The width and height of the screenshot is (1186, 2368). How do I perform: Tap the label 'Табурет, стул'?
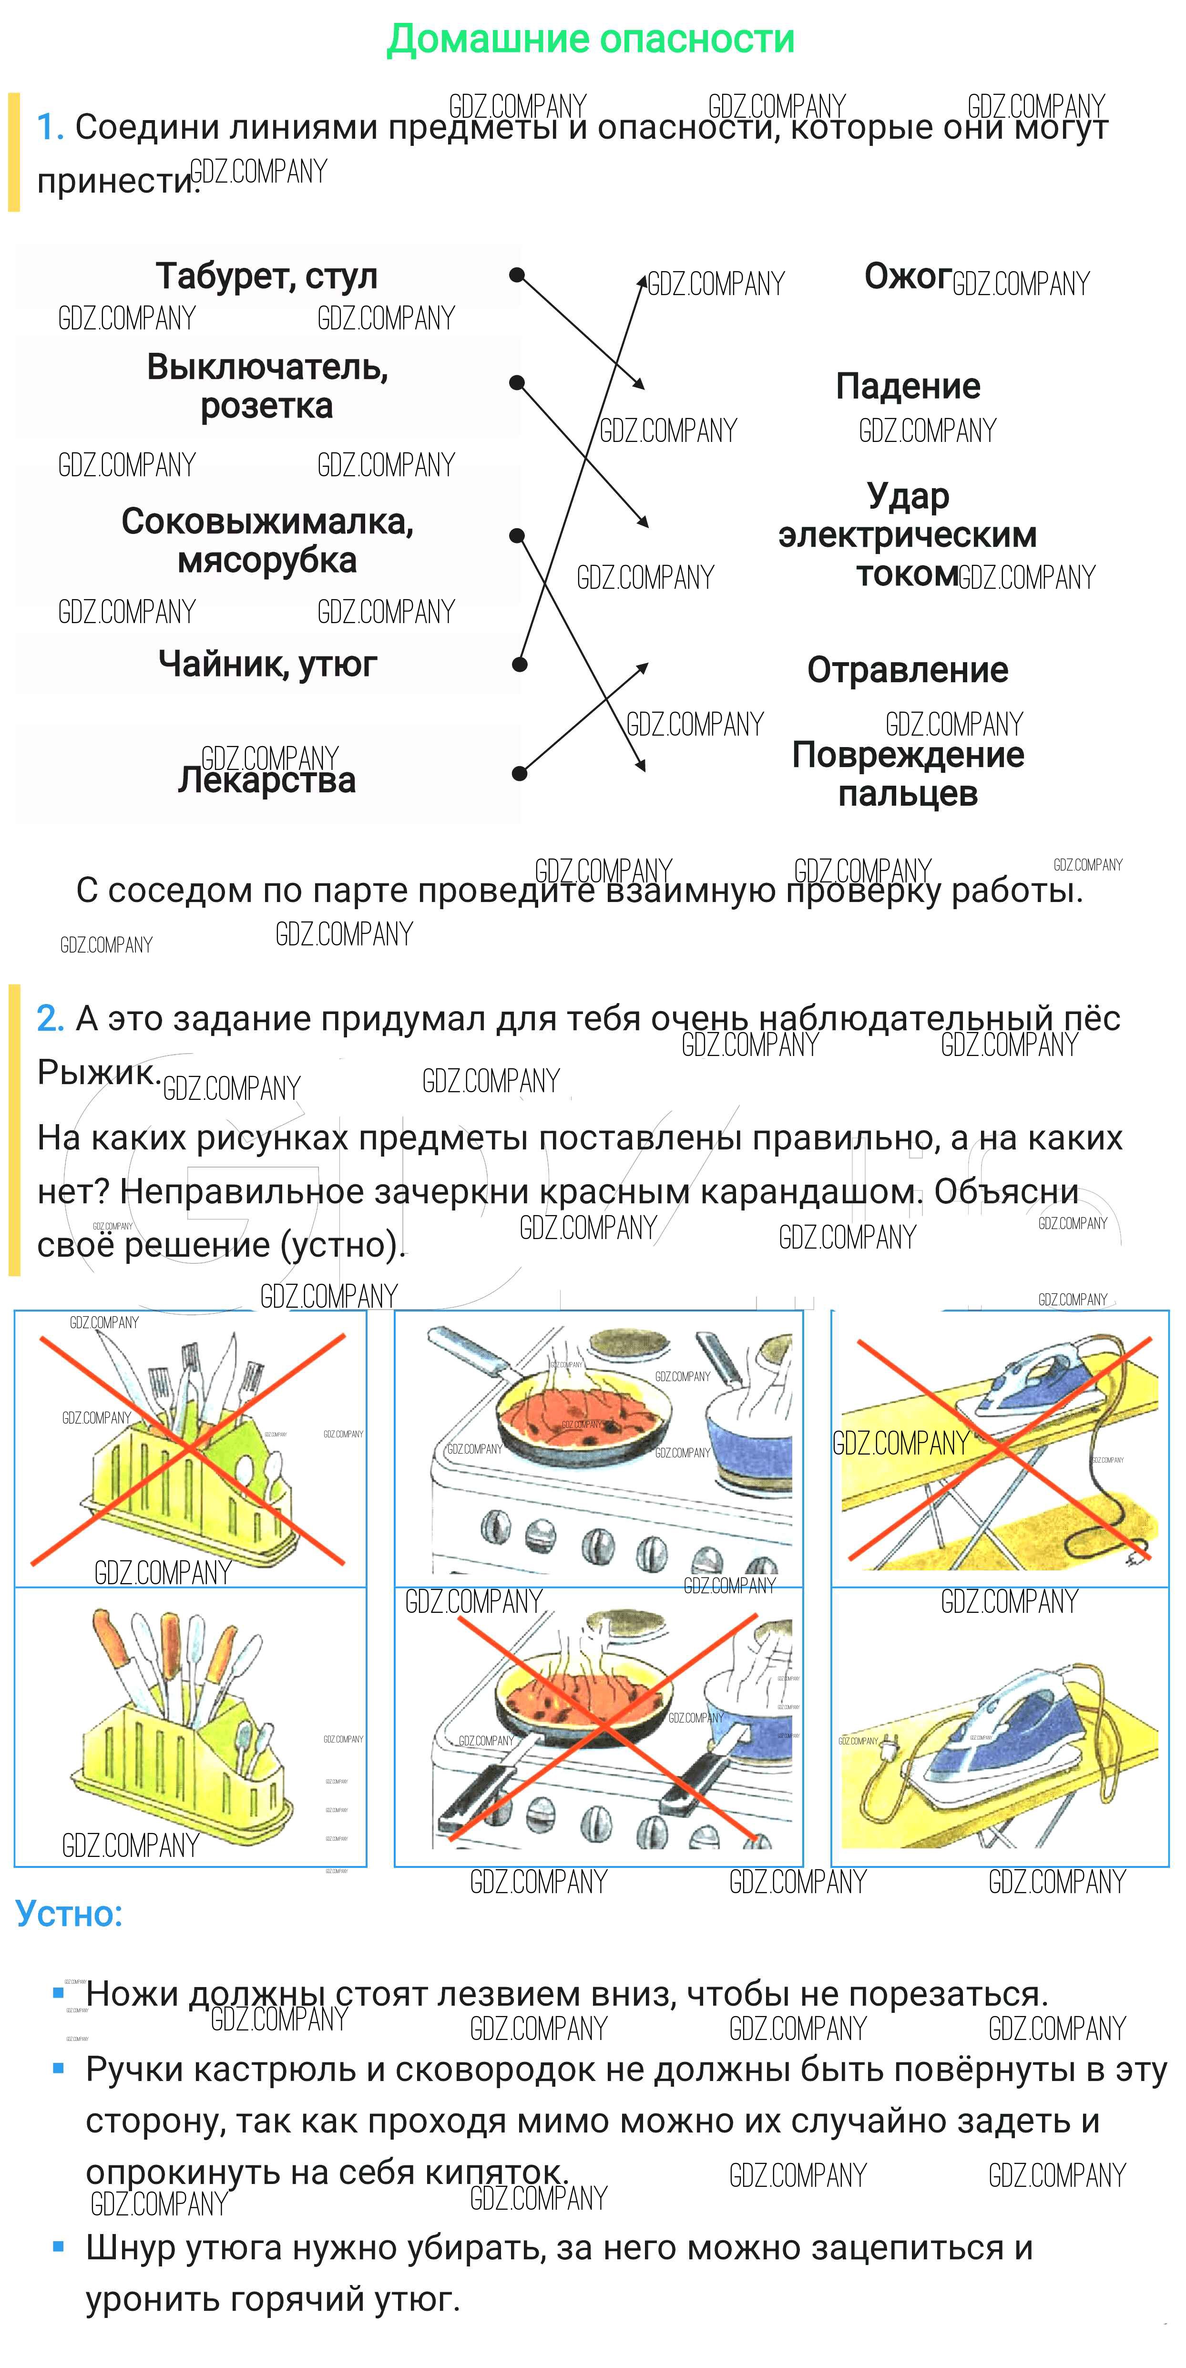tap(266, 276)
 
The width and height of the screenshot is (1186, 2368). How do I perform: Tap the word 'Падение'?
tap(908, 386)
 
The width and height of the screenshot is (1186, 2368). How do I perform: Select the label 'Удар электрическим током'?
tap(908, 535)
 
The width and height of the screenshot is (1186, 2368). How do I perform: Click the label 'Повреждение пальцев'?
tap(908, 774)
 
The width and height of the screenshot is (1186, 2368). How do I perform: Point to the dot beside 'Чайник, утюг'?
tap(520, 664)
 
